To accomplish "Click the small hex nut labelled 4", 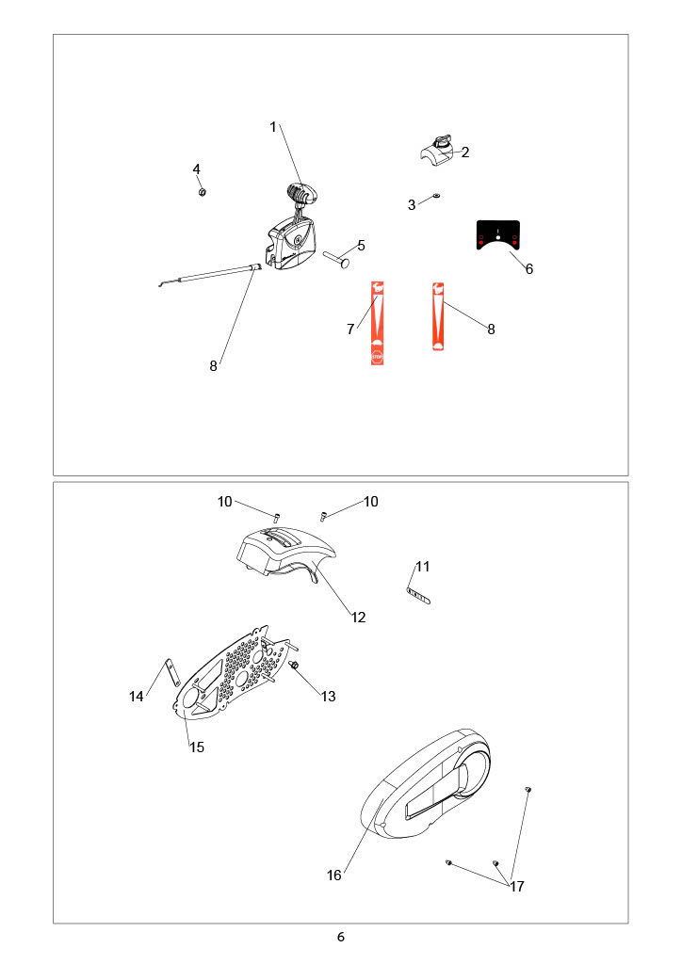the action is [202, 192].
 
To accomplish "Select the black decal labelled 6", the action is [498, 234].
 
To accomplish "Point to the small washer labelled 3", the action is [435, 196].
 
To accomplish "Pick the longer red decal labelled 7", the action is [377, 323].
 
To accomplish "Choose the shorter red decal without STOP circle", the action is [438, 316].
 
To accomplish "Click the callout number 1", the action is [273, 127].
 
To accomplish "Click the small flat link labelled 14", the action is [170, 672].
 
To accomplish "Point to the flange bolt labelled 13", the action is [294, 666].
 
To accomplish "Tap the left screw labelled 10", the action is [276, 515].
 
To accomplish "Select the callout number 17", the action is [517, 886].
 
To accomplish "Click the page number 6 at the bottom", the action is [341, 937].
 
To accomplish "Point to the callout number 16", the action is [333, 875].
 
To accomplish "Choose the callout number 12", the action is [359, 618].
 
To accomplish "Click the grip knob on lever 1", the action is [302, 193].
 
